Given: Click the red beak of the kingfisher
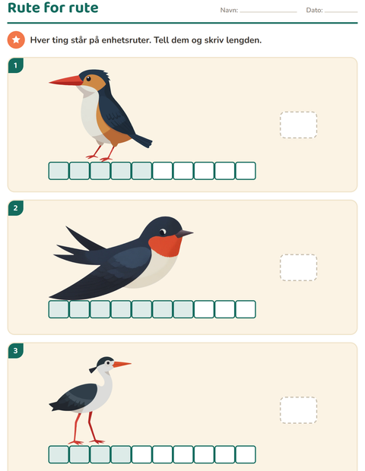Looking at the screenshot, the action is coord(66,81).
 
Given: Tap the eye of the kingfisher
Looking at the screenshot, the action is coord(88,79).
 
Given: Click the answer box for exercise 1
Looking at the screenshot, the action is coord(298,125).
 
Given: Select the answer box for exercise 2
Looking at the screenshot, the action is coord(298,267).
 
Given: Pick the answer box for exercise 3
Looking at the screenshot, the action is coord(298,410).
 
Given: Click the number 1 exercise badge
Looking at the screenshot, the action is coord(16,65).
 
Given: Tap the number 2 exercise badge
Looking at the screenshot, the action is coord(16,208).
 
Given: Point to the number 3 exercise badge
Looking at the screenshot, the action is coord(16,350).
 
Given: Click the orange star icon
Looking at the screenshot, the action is coord(16,40).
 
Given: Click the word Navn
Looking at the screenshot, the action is coord(228,10).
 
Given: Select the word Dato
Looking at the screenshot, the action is coord(314,10).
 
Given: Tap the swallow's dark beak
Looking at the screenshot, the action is coord(184,233).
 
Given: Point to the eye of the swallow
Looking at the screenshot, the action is coord(163,232).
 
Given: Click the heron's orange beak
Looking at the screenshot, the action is coord(122,364).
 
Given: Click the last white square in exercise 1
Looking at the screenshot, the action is coord(246,171).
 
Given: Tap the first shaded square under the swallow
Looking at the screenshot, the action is coord(59,309).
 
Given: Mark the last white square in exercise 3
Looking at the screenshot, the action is coord(246,454).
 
